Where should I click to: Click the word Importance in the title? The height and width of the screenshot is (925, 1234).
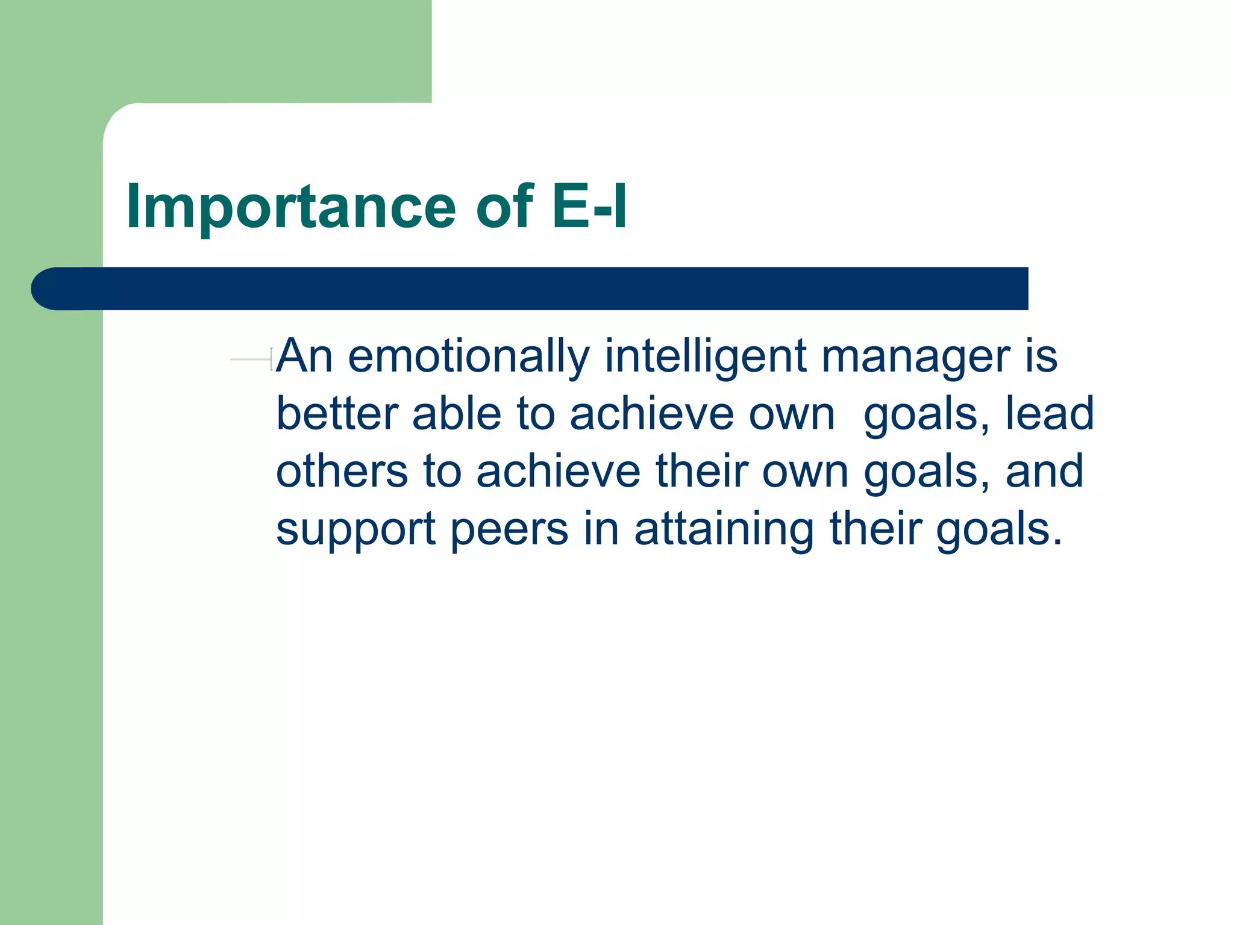(x=291, y=208)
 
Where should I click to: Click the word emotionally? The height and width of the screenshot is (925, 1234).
(x=468, y=357)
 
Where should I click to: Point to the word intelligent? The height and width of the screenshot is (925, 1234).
(x=705, y=357)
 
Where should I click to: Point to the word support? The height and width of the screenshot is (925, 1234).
(x=355, y=530)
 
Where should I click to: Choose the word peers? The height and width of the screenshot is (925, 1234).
(x=509, y=530)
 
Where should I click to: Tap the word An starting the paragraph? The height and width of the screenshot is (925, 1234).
(x=304, y=357)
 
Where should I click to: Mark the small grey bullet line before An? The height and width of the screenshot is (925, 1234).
(x=251, y=360)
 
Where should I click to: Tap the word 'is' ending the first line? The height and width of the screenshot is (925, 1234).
(x=1042, y=357)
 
